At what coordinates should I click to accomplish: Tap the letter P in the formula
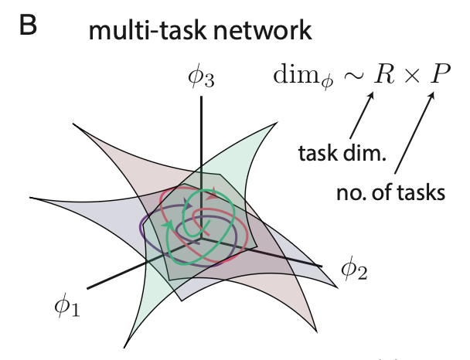(x=438, y=76)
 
